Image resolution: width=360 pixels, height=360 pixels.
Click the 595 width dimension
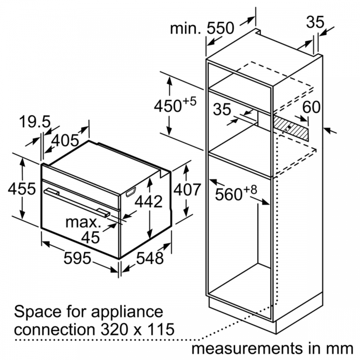point(77,258)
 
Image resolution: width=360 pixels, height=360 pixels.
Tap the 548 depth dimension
point(150,258)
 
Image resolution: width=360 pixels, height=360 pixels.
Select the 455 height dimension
point(22,189)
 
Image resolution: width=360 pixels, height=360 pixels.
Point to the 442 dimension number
point(148,202)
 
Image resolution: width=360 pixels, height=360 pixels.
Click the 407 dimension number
point(187,190)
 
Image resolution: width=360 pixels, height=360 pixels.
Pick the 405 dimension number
point(65,140)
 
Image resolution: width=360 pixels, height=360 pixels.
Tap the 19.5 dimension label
point(35,122)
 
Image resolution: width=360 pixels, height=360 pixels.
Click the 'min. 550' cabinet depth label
point(202,28)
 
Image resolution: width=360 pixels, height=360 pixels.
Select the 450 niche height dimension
point(175,105)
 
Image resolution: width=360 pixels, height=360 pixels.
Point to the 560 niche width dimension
point(236,193)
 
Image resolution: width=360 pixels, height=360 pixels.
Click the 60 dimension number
point(311,107)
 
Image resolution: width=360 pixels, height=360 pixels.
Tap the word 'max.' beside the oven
point(83,222)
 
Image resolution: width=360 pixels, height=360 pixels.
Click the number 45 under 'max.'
point(90,237)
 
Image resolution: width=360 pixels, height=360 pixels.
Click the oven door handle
point(77,202)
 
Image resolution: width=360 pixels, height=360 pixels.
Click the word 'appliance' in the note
point(127,312)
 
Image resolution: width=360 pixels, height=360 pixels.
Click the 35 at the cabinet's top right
point(315,22)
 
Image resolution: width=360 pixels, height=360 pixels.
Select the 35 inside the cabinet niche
point(222,109)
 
